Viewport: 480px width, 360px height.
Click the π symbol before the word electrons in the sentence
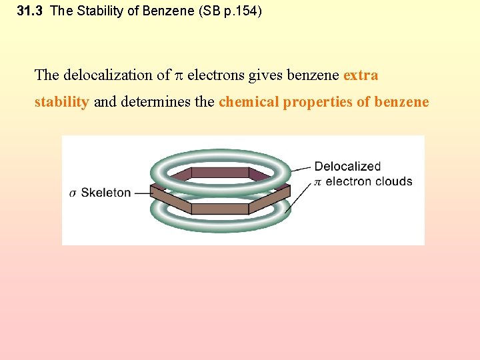[178, 76]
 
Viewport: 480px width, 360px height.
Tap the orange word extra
[361, 75]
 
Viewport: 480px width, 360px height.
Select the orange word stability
[61, 102]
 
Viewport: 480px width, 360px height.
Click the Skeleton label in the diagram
[106, 193]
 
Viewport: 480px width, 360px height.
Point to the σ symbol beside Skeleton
[73, 193]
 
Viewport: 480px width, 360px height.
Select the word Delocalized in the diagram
[347, 167]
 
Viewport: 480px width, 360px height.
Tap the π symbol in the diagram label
[317, 182]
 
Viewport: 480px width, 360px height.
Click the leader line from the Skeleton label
[141, 193]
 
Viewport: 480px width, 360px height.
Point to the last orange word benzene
[402, 102]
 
